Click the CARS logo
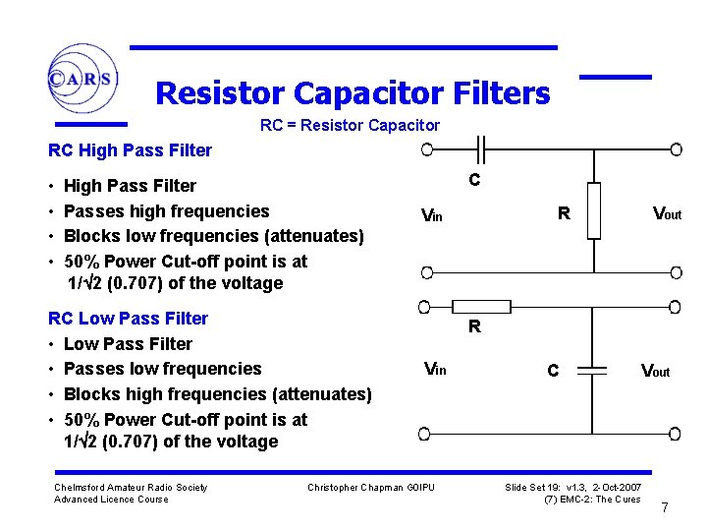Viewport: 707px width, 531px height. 82,79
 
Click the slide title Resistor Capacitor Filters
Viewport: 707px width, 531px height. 353,93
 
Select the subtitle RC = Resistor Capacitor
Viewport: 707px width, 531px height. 350,126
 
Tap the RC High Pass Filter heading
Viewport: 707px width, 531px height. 130,150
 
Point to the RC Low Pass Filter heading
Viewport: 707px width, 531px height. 128,319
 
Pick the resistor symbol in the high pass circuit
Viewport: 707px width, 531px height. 593,210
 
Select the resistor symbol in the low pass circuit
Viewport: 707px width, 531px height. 474,308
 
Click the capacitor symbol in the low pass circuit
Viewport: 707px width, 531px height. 593,371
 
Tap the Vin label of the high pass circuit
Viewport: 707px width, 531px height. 431,215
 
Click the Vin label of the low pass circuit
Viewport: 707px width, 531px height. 434,370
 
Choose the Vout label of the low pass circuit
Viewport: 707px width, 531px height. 655,371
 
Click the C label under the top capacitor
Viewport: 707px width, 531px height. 474,180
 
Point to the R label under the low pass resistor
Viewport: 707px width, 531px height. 474,327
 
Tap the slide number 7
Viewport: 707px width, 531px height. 665,508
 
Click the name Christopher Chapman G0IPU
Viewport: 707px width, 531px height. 370,488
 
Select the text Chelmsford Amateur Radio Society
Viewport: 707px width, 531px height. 131,488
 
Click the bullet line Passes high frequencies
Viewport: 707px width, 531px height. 166,211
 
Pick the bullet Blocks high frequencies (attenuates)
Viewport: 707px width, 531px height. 217,394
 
